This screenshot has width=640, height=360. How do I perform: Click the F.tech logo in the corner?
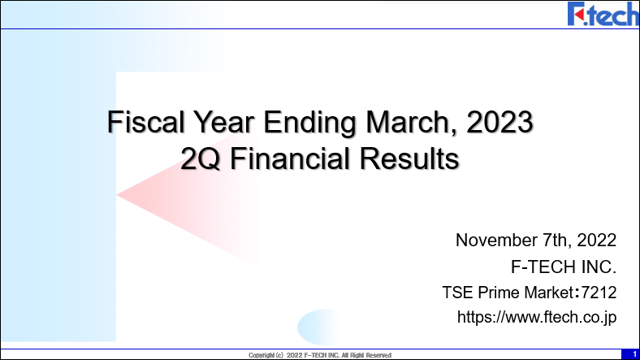pyautogui.click(x=603, y=14)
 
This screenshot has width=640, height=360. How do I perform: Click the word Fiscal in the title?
pyautogui.click(x=145, y=122)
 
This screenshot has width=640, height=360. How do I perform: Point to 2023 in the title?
pyautogui.click(x=499, y=122)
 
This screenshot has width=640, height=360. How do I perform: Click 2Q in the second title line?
pyautogui.click(x=200, y=158)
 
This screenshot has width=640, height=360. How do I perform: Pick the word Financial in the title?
pyautogui.click(x=290, y=158)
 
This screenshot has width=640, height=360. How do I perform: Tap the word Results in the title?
pyautogui.click(x=409, y=158)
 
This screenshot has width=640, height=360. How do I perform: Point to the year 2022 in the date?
pyautogui.click(x=596, y=241)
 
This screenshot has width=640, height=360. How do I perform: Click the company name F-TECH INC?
pyautogui.click(x=564, y=267)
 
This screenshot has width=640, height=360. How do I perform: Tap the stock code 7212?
pyautogui.click(x=599, y=293)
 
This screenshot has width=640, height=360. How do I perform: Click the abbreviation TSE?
pyautogui.click(x=458, y=293)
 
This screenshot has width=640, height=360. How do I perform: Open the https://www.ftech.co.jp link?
pyautogui.click(x=537, y=318)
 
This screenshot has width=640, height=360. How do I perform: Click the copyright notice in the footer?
pyautogui.click(x=320, y=355)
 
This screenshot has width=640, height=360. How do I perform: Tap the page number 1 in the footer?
pyautogui.click(x=634, y=354)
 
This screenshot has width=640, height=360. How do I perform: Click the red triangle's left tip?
pyautogui.click(x=117, y=195)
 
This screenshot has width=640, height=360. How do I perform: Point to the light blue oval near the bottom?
pyautogui.click(x=318, y=327)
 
